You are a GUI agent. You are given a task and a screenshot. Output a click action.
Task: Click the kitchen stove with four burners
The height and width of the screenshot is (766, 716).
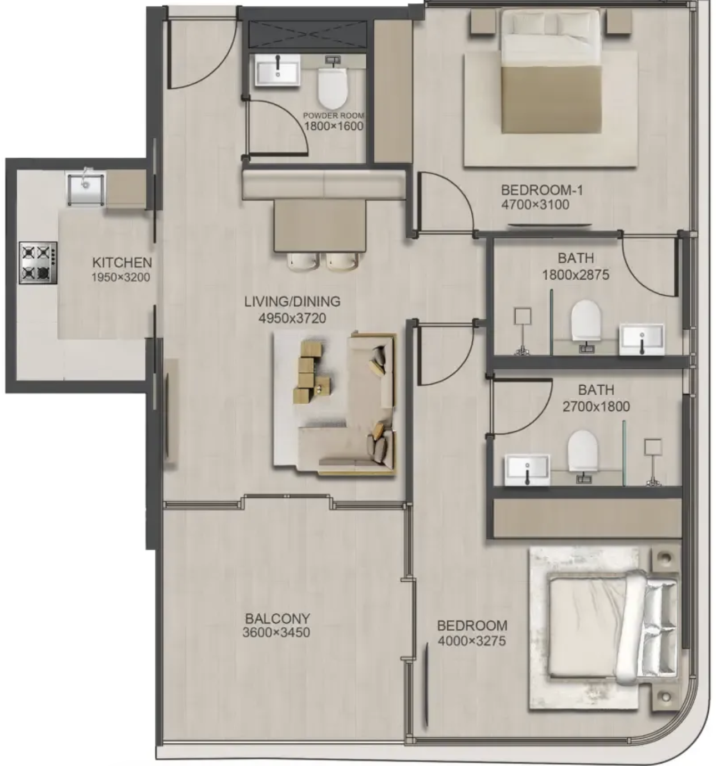[38, 263]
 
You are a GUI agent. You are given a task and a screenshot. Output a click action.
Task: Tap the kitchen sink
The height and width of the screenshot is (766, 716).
[85, 189]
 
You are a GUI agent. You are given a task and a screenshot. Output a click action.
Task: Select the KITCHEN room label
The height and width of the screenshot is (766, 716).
[122, 263]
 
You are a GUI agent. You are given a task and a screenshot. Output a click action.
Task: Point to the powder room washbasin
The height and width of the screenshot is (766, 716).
[278, 70]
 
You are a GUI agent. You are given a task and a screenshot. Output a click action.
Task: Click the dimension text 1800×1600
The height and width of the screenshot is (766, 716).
[334, 126]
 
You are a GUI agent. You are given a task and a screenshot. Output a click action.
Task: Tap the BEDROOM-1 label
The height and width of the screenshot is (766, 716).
[542, 190]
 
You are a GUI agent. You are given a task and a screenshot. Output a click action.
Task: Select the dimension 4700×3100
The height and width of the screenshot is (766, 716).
[535, 204]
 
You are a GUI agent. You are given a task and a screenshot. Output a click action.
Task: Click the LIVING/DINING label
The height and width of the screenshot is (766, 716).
[292, 301]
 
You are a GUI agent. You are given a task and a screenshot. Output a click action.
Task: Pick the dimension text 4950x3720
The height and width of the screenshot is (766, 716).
[292, 318]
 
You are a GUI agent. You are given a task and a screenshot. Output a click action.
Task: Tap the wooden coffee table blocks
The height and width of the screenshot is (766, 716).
[311, 372]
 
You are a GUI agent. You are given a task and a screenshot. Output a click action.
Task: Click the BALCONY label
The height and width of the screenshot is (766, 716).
[278, 619]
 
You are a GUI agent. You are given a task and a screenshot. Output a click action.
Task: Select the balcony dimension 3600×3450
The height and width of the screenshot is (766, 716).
[276, 633]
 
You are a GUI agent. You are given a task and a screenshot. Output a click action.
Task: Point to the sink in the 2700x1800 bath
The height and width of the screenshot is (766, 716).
[527, 470]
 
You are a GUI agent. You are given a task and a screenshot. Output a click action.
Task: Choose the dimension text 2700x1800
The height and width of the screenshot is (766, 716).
[596, 406]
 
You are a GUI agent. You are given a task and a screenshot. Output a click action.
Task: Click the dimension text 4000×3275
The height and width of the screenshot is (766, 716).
[471, 641]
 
